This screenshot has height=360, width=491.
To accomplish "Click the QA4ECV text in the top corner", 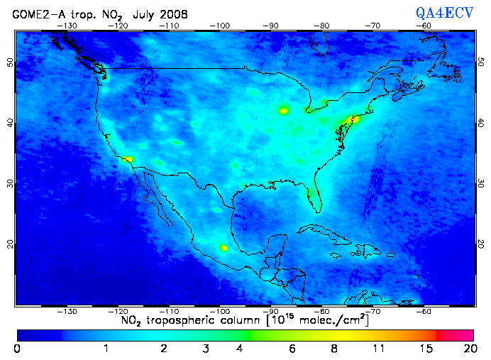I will [443, 13].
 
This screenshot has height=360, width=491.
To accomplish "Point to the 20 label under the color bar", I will [468, 349].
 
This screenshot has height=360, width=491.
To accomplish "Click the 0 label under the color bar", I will [16, 349].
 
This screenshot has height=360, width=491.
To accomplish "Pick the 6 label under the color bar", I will [290, 349].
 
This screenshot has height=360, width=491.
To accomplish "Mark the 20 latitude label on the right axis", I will [481, 244].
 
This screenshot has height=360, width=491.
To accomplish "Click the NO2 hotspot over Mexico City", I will [224, 248].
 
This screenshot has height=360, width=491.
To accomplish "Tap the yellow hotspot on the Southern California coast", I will [128, 160].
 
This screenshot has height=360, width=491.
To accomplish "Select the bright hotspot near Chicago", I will [285, 110].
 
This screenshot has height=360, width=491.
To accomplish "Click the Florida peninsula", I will [315, 199].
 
